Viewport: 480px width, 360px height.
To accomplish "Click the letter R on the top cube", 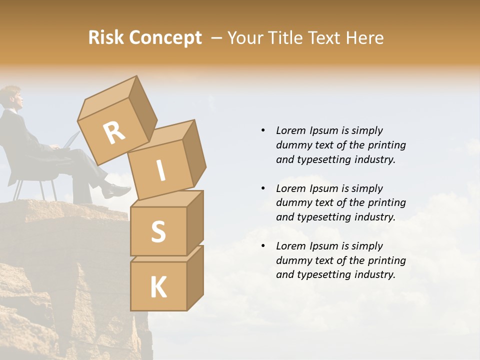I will tap(114, 133).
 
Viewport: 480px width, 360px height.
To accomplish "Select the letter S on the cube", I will tap(158, 231).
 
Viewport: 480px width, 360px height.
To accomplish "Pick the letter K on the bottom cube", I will tap(158, 287).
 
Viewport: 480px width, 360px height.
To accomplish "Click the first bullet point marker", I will tap(263, 130).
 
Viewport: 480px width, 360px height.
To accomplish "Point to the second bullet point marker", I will tap(263, 188).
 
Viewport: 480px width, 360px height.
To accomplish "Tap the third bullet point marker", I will tap(263, 246).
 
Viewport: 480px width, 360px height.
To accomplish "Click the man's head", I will tap(12, 97).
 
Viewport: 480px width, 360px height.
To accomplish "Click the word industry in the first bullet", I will tap(374, 160).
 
